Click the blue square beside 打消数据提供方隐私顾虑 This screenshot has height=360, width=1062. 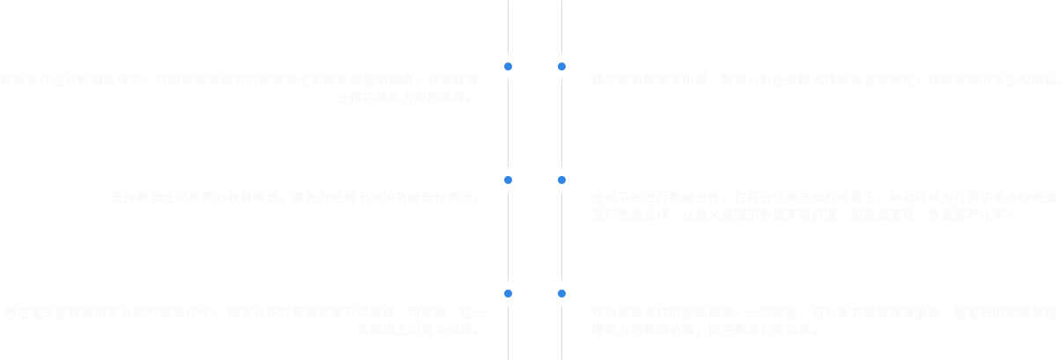[x=508, y=67]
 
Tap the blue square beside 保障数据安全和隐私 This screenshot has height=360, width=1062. [x=561, y=67]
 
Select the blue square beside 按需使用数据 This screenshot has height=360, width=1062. [x=508, y=180]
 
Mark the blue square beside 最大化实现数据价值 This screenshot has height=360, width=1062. [x=561, y=180]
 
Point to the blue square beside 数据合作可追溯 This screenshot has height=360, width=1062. [x=508, y=294]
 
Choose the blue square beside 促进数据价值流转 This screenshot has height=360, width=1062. [x=561, y=294]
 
